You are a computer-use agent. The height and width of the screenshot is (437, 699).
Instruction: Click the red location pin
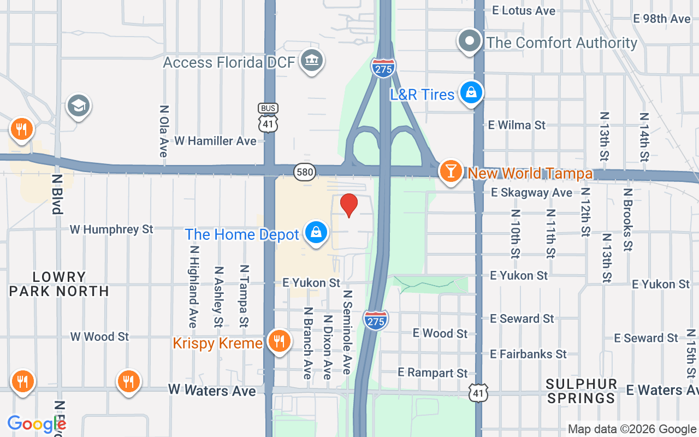pyautogui.click(x=349, y=205)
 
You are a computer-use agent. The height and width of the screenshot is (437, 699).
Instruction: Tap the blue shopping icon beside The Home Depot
pyautogui.click(x=316, y=232)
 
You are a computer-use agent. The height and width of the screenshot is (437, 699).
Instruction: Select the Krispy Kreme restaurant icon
pyautogui.click(x=279, y=341)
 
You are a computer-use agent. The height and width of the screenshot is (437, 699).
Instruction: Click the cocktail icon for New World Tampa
pyautogui.click(x=451, y=171)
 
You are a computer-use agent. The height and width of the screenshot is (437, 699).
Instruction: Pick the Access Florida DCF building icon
pyautogui.click(x=311, y=60)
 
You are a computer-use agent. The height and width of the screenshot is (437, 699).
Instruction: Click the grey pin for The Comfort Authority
pyautogui.click(x=469, y=41)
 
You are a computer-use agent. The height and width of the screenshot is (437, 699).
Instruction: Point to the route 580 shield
pyautogui.click(x=305, y=173)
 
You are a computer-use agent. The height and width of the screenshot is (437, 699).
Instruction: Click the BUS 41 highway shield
pyautogui.click(x=268, y=118)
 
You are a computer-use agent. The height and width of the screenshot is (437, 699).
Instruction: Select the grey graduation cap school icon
pyautogui.click(x=79, y=106)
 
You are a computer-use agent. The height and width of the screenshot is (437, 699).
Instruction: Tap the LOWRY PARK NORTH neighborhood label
pyautogui.click(x=59, y=284)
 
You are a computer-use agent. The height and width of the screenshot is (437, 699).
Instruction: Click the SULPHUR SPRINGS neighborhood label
pyautogui.click(x=582, y=391)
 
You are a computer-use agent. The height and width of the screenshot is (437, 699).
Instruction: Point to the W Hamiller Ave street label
pyautogui.click(x=215, y=141)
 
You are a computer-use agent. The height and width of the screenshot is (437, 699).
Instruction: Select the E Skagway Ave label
pyautogui.click(x=531, y=192)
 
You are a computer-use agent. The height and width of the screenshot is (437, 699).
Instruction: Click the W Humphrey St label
pyautogui.click(x=111, y=229)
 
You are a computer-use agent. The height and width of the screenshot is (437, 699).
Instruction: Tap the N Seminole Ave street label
pyautogui.click(x=347, y=332)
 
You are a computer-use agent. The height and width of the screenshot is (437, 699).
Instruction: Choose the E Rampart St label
pyautogui.click(x=433, y=373)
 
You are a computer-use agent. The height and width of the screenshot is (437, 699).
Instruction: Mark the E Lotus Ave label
pyautogui.click(x=524, y=10)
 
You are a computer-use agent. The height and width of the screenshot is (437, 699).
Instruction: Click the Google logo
pyautogui.click(x=37, y=424)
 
